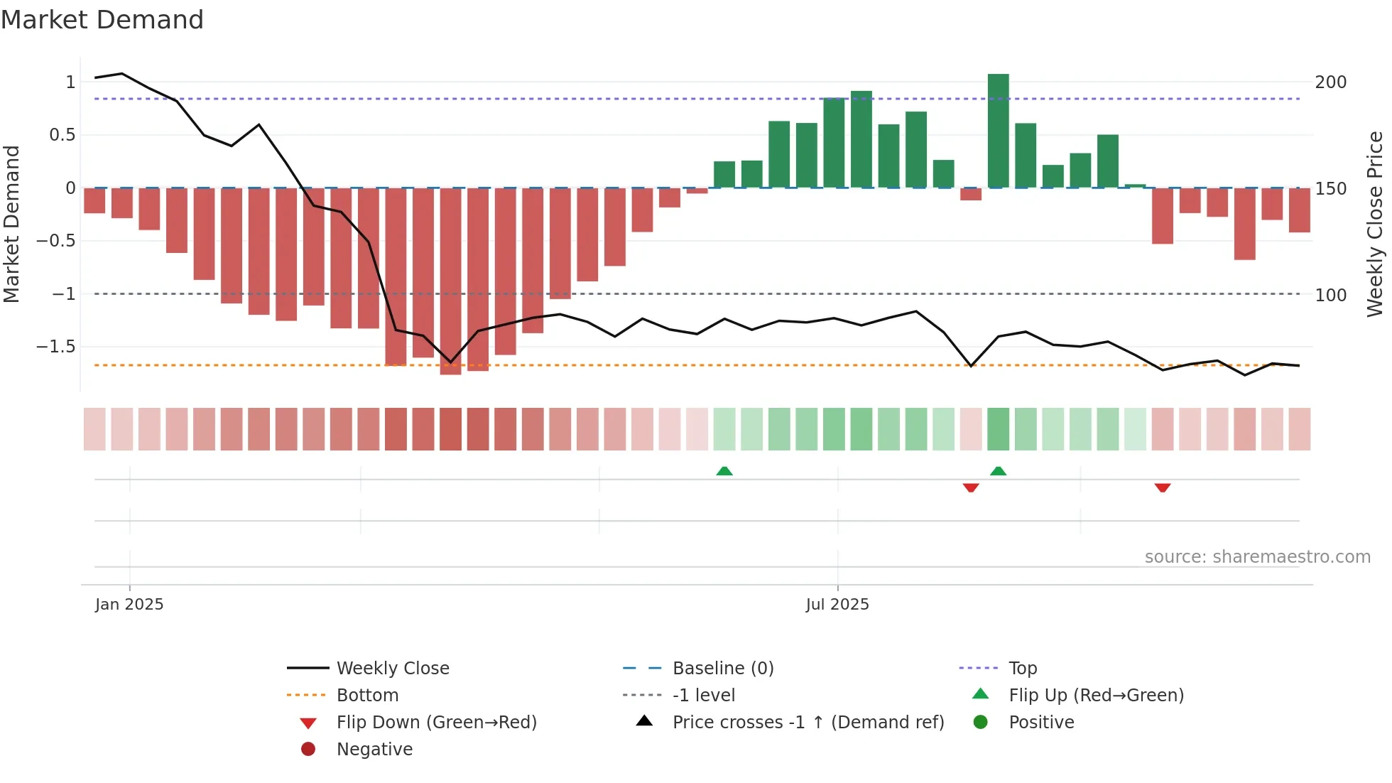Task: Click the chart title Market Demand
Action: coord(102,20)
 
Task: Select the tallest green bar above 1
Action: coord(998,130)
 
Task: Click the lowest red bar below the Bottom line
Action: coord(450,281)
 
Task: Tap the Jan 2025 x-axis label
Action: coord(129,605)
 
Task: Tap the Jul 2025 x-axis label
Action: coord(837,605)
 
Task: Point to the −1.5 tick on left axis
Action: coord(56,347)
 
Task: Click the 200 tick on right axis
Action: coord(1330,82)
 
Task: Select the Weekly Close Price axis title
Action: coord(1375,224)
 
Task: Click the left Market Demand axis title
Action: coord(11,224)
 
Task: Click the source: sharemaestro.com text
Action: coord(1257,557)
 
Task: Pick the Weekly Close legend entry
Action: coord(392,669)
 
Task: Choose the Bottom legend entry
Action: coord(367,696)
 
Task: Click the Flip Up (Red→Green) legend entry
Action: coord(1096,696)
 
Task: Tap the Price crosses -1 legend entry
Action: coord(808,723)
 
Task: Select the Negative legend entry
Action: coord(374,750)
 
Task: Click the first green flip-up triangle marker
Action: coord(724,471)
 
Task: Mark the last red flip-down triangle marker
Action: coord(1163,487)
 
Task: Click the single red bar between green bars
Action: coord(971,194)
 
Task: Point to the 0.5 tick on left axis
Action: coord(62,135)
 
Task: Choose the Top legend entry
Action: coord(1022,669)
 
